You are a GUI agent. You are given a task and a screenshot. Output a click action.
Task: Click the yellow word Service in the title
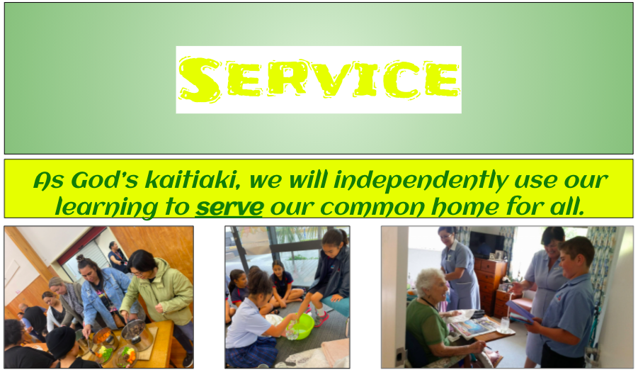(x=319, y=79)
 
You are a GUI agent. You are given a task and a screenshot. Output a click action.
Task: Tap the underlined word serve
(x=229, y=207)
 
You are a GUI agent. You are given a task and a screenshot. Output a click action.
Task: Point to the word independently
(x=421, y=181)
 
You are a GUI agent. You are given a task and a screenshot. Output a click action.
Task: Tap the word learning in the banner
(x=106, y=208)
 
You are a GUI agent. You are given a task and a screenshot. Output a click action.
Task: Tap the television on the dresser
(x=486, y=245)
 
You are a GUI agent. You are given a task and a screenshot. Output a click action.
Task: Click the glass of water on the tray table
(x=505, y=325)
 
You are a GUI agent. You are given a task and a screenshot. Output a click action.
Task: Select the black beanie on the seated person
(x=60, y=342)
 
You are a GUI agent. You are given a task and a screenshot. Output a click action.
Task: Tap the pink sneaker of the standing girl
(x=321, y=319)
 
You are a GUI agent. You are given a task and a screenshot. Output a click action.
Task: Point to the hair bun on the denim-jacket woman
(x=80, y=258)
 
